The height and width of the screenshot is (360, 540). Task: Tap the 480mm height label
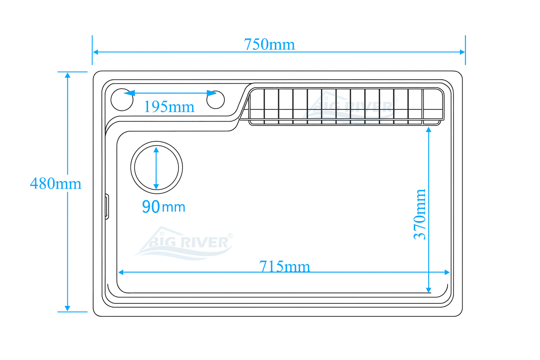tap(56, 184)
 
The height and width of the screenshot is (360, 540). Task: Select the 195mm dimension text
tap(169, 107)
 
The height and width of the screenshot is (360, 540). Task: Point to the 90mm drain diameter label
tap(164, 206)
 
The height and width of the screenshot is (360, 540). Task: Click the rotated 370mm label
tap(420, 214)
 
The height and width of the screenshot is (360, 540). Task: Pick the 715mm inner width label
tap(284, 266)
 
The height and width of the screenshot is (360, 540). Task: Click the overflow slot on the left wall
tap(107, 207)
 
